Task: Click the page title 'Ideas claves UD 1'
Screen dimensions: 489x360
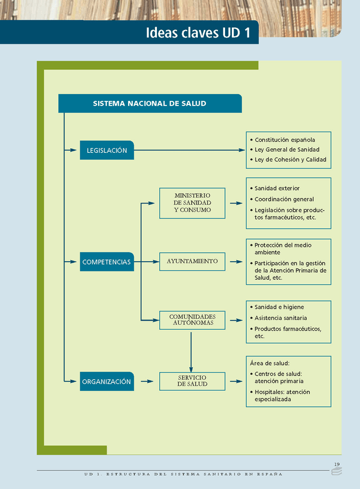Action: pyautogui.click(x=198, y=33)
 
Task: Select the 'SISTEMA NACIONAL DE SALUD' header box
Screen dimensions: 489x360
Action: pyautogui.click(x=149, y=104)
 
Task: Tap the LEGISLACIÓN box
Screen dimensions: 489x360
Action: pyautogui.click(x=107, y=151)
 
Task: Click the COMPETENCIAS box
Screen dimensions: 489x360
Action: pyautogui.click(x=107, y=262)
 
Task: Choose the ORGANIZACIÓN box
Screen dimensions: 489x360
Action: pyautogui.click(x=107, y=382)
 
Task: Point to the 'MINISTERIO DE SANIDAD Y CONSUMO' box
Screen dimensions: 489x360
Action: pyautogui.click(x=193, y=203)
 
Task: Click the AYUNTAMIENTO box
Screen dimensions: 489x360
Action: pyautogui.click(x=193, y=262)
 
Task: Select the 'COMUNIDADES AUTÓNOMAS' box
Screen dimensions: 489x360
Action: pyautogui.click(x=193, y=320)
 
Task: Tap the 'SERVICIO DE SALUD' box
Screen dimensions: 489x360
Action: pyautogui.click(x=193, y=381)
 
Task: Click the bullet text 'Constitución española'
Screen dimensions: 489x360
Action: pyautogui.click(x=284, y=140)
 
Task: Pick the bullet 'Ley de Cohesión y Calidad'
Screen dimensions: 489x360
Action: pyautogui.click(x=290, y=160)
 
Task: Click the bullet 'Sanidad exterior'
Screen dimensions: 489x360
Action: pyautogui.click(x=277, y=189)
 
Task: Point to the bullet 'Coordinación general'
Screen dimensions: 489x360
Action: pyautogui.click(x=284, y=200)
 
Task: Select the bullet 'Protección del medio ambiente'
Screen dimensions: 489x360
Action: pyautogui.click(x=283, y=249)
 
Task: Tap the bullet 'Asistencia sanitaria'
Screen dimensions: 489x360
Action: pyautogui.click(x=280, y=318)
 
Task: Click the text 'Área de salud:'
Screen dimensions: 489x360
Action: pyautogui.click(x=269, y=363)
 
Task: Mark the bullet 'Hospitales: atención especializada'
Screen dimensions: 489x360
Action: pyautogui.click(x=282, y=396)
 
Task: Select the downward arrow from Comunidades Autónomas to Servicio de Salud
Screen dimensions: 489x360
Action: pyautogui.click(x=191, y=348)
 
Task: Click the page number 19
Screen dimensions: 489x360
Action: pyautogui.click(x=337, y=464)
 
